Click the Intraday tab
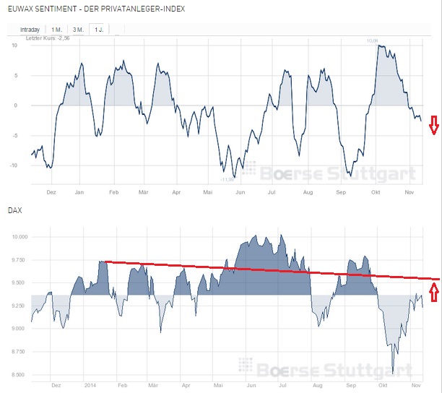(29, 28)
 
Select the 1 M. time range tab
(56, 28)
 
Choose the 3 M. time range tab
(77, 28)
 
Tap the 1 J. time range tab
(97, 28)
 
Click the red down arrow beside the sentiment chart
(433, 125)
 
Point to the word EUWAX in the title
(22, 8)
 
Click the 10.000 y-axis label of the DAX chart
(19, 237)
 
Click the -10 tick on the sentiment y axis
(14, 165)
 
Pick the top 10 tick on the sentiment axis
(15, 45)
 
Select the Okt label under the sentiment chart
(375, 193)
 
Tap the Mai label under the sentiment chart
(208, 193)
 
